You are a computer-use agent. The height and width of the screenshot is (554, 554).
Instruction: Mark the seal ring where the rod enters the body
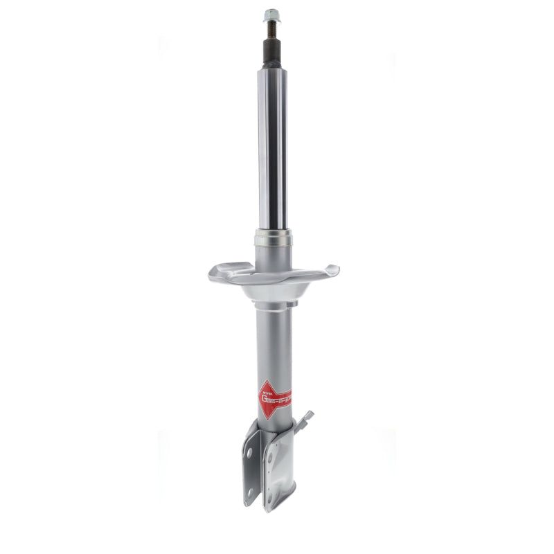[273, 240]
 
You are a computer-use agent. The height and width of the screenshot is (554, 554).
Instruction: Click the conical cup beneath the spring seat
[273, 291]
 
